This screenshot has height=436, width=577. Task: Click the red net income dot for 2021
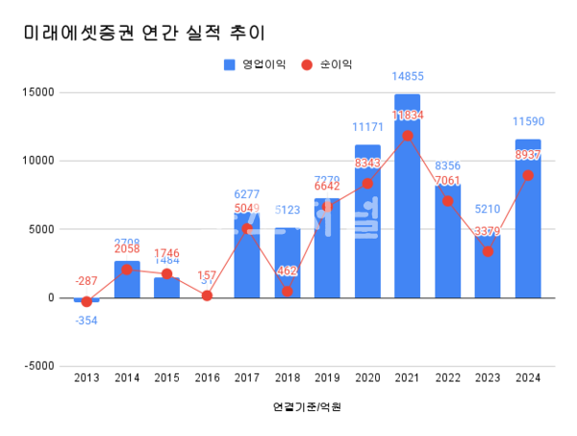(x=408, y=136)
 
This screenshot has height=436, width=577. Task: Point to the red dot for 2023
(x=489, y=251)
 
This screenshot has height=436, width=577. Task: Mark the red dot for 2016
(x=207, y=295)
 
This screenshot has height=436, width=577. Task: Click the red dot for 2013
(x=87, y=301)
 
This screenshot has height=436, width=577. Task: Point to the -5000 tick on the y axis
(x=39, y=366)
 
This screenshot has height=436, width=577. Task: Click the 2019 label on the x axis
(x=327, y=378)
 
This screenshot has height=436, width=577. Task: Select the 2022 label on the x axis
(x=448, y=378)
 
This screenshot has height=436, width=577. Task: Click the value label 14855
(x=408, y=76)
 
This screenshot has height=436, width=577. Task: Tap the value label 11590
(x=528, y=121)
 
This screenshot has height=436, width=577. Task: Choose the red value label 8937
(x=528, y=155)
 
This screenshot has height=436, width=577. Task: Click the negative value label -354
(x=87, y=320)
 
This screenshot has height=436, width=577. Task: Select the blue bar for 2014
(x=127, y=279)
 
